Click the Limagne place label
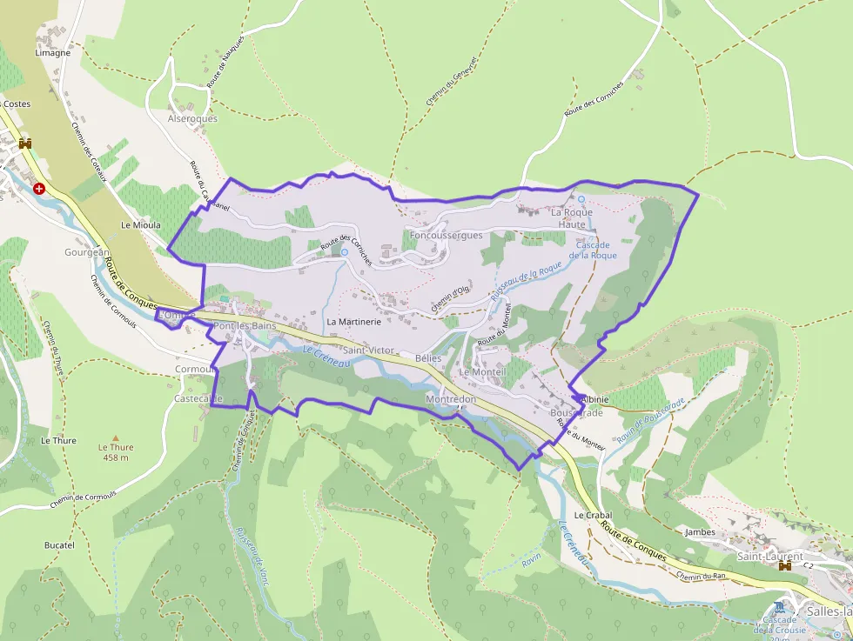(x=52, y=53)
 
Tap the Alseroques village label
(x=192, y=118)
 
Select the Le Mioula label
(x=141, y=224)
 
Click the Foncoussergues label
(x=446, y=236)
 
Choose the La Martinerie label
(x=354, y=322)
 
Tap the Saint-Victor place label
(x=368, y=351)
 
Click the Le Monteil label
(x=482, y=372)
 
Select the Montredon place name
(x=451, y=399)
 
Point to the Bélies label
(x=428, y=358)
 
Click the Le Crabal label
(x=593, y=515)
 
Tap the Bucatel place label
(x=59, y=545)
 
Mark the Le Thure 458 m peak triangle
(x=116, y=437)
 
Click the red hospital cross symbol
(x=38, y=188)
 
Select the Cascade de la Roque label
(x=593, y=250)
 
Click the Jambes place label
(x=700, y=532)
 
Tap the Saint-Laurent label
(x=770, y=556)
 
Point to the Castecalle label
(x=198, y=398)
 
